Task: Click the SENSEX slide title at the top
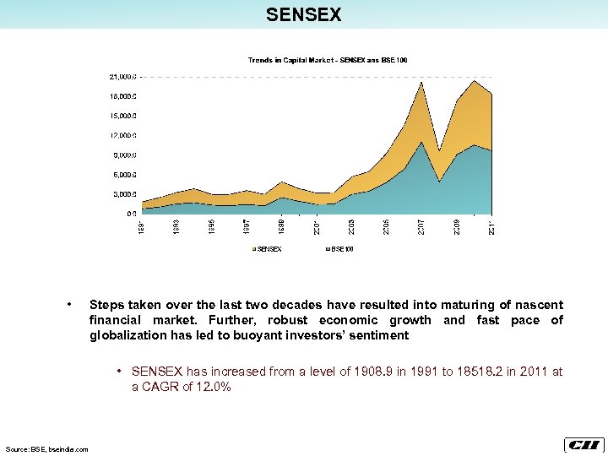tap(303, 14)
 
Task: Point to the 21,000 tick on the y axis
tap(122, 76)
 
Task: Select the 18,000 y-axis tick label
tap(122, 95)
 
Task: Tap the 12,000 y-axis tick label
tap(122, 135)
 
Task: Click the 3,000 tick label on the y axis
tap(124, 194)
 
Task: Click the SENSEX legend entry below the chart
tap(269, 249)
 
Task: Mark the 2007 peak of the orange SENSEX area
tap(421, 82)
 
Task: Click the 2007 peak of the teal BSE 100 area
tap(421, 143)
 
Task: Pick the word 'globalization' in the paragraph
tap(128, 335)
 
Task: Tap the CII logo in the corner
tap(583, 445)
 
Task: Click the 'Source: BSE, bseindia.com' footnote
tap(47, 449)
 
